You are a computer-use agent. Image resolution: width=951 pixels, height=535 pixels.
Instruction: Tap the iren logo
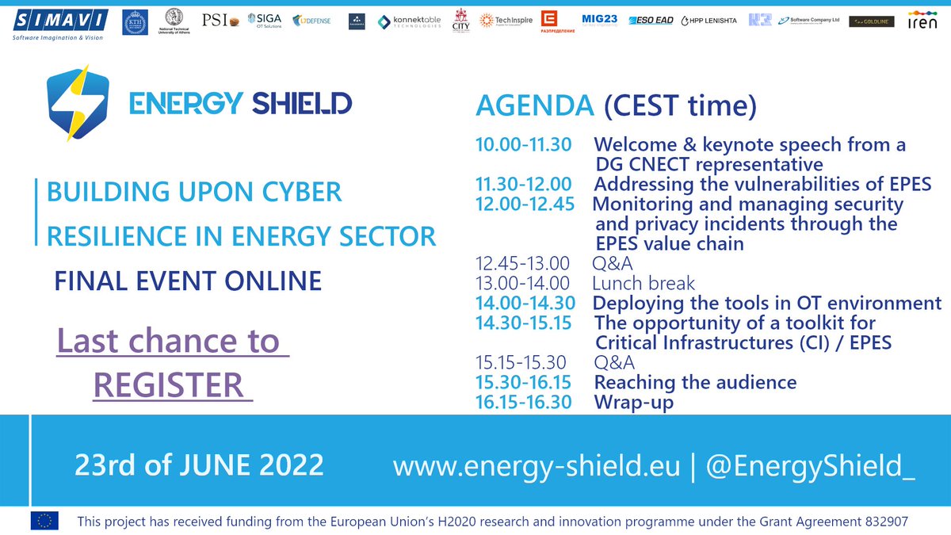(922, 21)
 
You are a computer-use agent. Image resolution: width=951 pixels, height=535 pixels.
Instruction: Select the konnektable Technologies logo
(409, 21)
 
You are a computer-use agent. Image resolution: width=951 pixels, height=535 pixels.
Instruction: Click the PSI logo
(220, 21)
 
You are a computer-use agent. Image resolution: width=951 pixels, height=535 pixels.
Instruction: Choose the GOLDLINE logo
(871, 22)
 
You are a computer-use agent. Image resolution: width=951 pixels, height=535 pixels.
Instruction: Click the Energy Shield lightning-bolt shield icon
(78, 102)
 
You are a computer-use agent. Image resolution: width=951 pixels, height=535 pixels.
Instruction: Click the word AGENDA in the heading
(533, 105)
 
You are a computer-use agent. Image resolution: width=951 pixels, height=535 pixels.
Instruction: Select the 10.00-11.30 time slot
(522, 145)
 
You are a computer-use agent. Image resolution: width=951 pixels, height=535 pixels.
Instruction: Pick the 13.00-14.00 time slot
(522, 283)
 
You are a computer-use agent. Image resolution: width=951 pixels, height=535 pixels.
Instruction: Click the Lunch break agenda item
(643, 283)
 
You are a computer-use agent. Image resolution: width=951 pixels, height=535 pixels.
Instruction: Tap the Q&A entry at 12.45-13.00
(613, 263)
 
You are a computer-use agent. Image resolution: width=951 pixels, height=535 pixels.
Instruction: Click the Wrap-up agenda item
(633, 402)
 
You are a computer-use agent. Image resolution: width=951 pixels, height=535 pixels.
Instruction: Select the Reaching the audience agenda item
(695, 382)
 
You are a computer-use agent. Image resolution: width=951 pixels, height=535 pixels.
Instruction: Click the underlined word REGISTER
(167, 385)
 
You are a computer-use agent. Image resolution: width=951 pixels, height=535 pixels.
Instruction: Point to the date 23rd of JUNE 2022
(199, 464)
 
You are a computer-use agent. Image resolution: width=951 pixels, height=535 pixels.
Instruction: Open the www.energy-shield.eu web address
(537, 466)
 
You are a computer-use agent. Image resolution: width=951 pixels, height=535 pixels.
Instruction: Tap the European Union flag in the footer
(44, 521)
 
